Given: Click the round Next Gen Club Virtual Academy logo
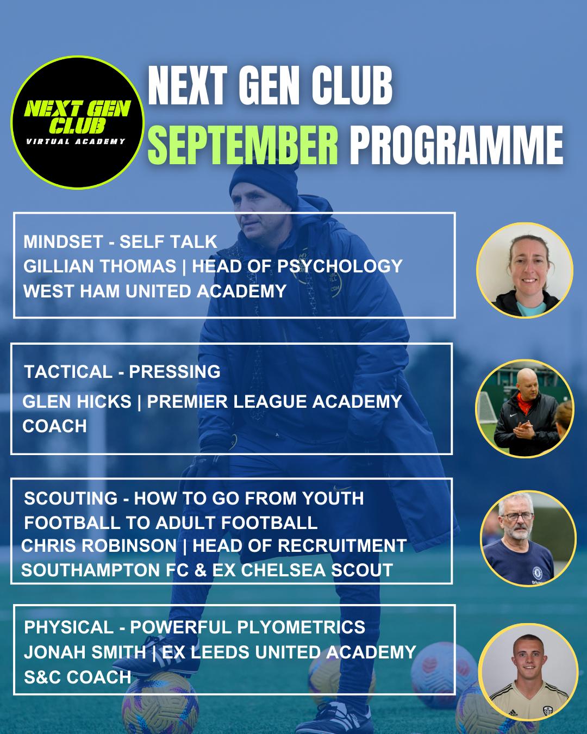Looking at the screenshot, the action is (x=78, y=122).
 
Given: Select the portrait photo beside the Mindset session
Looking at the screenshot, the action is (x=524, y=270).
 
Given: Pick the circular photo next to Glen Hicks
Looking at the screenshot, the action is (x=524, y=408).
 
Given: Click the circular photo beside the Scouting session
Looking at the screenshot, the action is (x=528, y=539).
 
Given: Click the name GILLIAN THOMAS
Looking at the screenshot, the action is (x=99, y=266).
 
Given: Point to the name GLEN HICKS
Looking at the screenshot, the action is (x=77, y=401).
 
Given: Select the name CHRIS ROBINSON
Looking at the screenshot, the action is (x=99, y=545).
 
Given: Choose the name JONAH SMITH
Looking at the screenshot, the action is (x=85, y=652).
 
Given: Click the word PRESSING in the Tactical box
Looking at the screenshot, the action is (x=174, y=371).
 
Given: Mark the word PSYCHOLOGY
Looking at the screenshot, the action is (x=340, y=266).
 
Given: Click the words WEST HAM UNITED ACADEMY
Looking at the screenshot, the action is (x=155, y=291).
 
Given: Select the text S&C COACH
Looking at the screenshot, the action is (x=77, y=677).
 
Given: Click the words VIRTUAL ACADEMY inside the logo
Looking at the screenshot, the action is (x=76, y=141).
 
